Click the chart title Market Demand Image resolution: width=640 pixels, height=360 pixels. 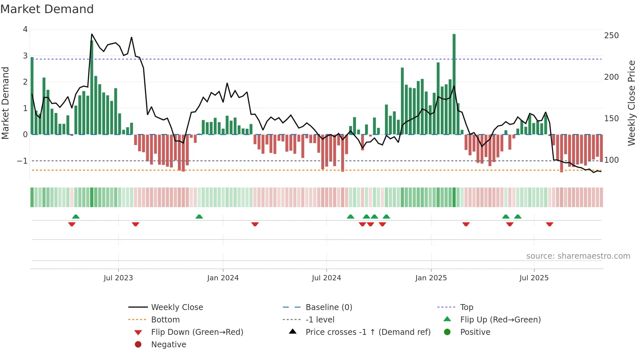coord(47,9)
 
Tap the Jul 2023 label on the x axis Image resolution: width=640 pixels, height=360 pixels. coord(118,278)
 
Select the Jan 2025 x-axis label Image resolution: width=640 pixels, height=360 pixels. coord(431,278)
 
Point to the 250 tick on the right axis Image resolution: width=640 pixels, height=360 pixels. coord(611,35)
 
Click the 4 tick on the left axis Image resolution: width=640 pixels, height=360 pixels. coord(25,29)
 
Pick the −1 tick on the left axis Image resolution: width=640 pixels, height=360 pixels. coord(23,161)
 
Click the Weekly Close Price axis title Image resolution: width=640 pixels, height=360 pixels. coord(632,103)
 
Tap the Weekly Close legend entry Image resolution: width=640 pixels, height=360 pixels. coord(177,307)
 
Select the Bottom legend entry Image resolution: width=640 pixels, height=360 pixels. coord(165,320)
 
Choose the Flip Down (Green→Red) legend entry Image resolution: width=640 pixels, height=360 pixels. coord(197,332)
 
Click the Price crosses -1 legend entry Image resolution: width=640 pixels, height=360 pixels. coord(368,332)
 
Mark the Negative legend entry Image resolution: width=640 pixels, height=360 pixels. coord(168,345)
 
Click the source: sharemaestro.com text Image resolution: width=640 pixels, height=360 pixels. coord(578,256)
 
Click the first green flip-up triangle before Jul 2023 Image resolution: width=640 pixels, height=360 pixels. coord(76,217)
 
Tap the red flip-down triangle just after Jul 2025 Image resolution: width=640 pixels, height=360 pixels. coord(550,224)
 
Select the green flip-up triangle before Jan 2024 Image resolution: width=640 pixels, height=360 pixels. coord(199,217)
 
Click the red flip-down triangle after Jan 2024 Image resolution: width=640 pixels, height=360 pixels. coord(255,224)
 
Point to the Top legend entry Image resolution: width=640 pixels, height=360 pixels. coord(466,307)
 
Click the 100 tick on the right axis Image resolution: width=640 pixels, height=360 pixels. coord(611,160)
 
